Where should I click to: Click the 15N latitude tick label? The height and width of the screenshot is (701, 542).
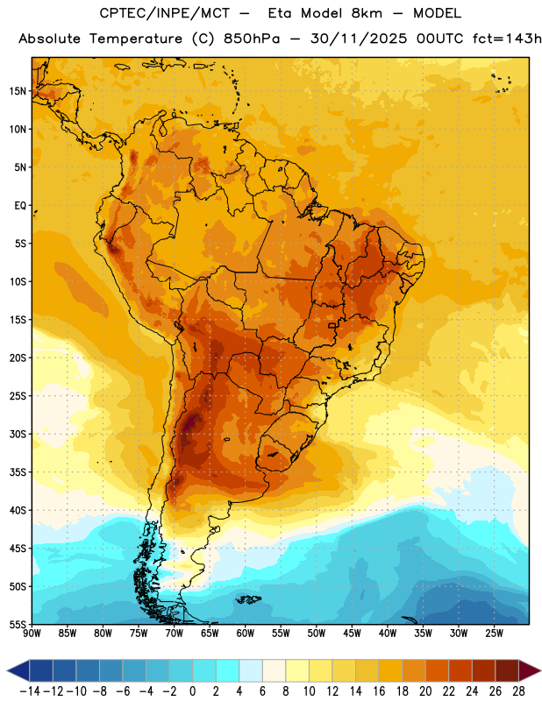[x=18, y=91]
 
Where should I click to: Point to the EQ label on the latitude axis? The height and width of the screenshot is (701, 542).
[x=20, y=206]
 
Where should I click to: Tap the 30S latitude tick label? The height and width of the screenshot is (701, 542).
[x=18, y=434]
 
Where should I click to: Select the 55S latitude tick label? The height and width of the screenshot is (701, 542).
[x=18, y=624]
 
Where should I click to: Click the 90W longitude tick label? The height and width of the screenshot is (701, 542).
[x=32, y=634]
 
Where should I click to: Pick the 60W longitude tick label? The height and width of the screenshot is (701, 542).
[x=246, y=634]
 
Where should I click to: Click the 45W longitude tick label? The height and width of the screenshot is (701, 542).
[x=352, y=634]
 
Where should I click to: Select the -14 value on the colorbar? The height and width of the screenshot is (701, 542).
[x=30, y=691]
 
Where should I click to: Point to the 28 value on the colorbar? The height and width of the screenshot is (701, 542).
[x=518, y=691]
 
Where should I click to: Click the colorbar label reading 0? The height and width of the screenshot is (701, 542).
[x=192, y=691]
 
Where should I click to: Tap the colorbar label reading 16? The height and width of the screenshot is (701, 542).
[x=379, y=691]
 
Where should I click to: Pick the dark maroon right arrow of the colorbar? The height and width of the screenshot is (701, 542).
[x=530, y=670]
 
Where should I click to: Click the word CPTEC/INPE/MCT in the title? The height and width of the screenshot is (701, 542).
[x=165, y=13]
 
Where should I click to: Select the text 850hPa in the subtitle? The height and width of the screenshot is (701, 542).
[x=252, y=39]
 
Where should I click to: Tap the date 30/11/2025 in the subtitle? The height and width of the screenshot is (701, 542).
[x=359, y=39]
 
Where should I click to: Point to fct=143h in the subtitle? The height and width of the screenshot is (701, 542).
[x=507, y=39]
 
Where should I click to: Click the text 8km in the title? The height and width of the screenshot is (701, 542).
[x=367, y=13]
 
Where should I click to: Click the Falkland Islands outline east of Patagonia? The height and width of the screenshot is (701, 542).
[x=247, y=598]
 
